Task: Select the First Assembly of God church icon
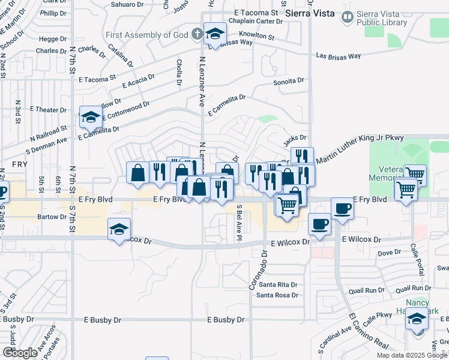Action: pyautogui.click(x=198, y=34)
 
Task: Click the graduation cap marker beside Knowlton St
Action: pyautogui.click(x=214, y=35)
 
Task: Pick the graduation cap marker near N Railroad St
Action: pyautogui.click(x=91, y=117)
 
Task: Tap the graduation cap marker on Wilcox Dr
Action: pyautogui.click(x=119, y=229)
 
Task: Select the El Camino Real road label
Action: pyautogui.click(x=369, y=331)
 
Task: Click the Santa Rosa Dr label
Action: pyautogui.click(x=277, y=295)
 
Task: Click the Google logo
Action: pyautogui.click(x=20, y=353)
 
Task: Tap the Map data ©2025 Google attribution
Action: pyautogui.click(x=412, y=355)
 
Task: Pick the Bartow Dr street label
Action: pyautogui.click(x=52, y=216)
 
